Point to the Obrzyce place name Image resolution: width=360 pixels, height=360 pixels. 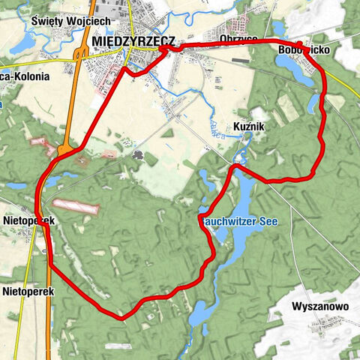[240, 39]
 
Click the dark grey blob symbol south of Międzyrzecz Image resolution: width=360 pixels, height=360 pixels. [139, 154]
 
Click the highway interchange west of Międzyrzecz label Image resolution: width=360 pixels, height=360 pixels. [81, 55]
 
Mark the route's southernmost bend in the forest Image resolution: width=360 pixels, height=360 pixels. [120, 317]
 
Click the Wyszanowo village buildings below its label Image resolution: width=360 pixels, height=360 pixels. [330, 324]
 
